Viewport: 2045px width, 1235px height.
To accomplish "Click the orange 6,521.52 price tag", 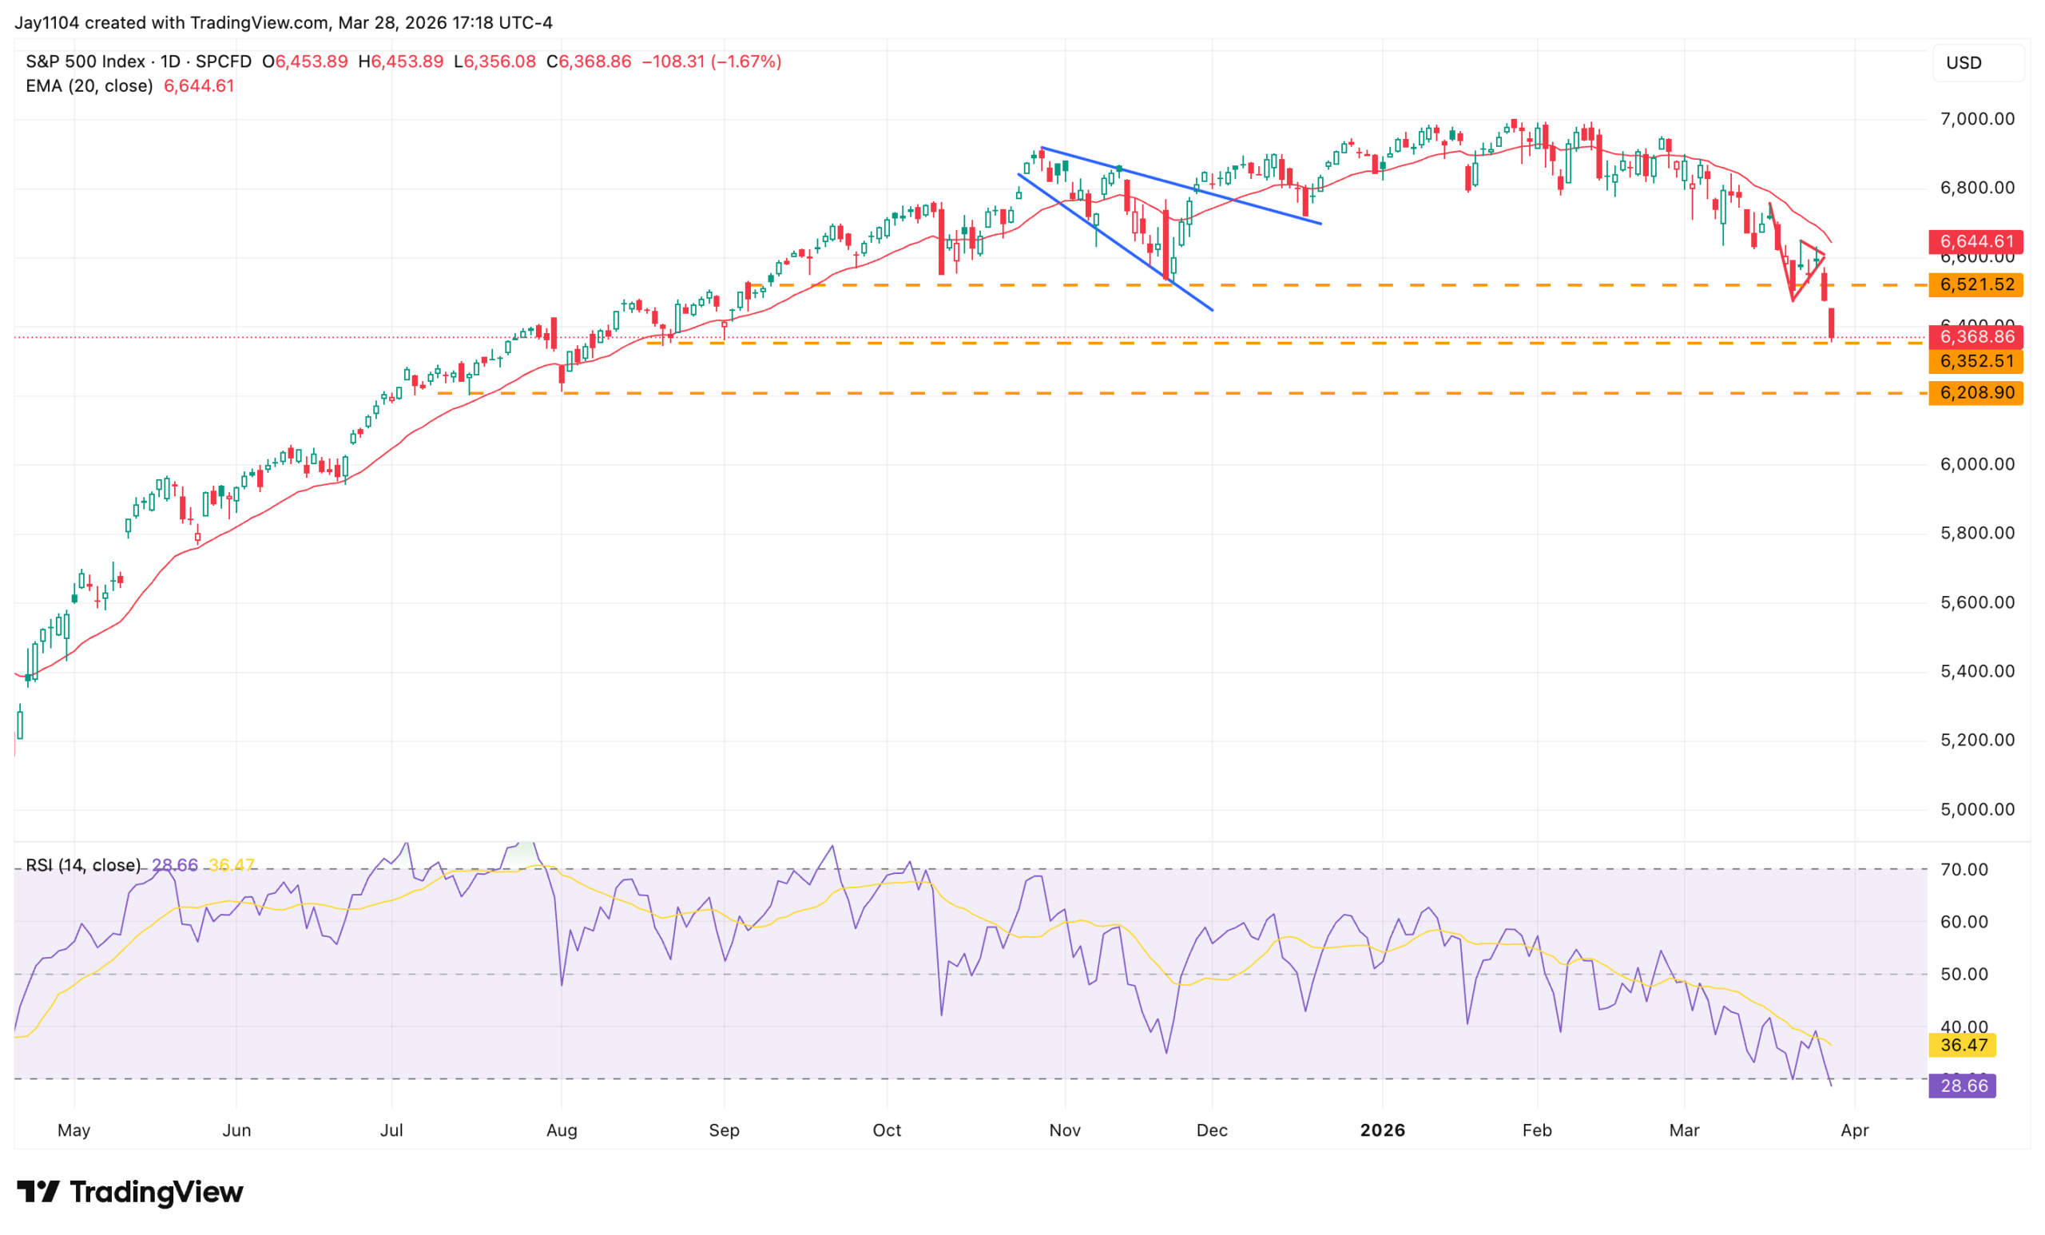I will pos(1976,284).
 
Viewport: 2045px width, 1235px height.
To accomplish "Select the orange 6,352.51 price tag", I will pos(1976,361).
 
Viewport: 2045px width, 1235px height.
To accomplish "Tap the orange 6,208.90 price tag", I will pos(1976,392).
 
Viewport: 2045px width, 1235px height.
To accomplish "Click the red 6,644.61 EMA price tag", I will pos(1976,241).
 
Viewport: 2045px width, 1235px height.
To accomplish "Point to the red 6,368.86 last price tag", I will pos(1976,337).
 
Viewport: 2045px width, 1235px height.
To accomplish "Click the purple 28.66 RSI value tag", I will pos(1963,1086).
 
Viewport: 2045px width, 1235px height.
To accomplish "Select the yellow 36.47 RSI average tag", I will pos(1963,1045).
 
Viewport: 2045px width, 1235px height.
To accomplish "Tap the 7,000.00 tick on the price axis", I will pos(1977,119).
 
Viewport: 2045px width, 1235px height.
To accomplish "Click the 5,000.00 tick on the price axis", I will pos(1977,809).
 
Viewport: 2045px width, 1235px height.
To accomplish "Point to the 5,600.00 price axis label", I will pos(1977,602).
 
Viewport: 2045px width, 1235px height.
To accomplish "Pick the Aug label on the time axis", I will pos(562,1130).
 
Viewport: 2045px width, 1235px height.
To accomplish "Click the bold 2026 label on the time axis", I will pos(1383,1130).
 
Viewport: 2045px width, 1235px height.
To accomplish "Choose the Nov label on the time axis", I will pos(1065,1130).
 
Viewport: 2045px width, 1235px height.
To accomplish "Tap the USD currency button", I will pos(1964,63).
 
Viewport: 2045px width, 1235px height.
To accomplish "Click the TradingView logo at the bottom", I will pos(130,1193).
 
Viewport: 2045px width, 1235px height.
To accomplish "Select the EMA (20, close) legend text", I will pos(89,86).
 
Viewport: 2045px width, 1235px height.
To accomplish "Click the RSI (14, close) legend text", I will pos(83,865).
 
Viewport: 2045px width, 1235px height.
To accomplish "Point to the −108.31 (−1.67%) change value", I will pos(711,62).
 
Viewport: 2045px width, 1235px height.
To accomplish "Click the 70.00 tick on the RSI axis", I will pos(1964,870).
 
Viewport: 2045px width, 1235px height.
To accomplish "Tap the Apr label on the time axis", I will pos(1855,1130).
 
